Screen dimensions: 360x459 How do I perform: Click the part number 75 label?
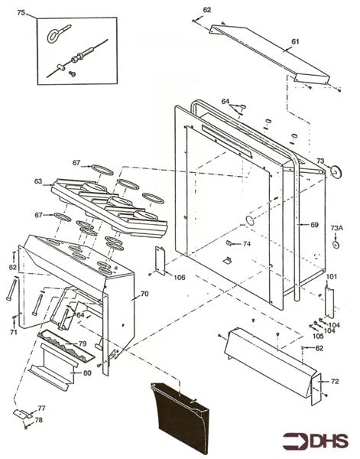[21, 12]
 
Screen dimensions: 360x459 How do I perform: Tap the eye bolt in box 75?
[59, 34]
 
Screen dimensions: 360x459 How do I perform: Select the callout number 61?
[295, 41]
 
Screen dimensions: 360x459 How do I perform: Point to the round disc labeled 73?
[336, 172]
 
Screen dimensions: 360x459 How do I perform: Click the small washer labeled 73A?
[336, 245]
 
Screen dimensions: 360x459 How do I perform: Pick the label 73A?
[336, 228]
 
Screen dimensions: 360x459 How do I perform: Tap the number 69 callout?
[314, 225]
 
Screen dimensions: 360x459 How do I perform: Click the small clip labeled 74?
[229, 243]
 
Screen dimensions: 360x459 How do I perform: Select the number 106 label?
[180, 277]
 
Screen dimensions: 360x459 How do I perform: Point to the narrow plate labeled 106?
[161, 261]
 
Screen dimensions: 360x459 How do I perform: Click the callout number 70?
[144, 294]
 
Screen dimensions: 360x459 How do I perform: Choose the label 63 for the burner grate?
[38, 181]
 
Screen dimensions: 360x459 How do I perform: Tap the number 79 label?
[83, 343]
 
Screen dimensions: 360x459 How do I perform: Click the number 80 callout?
[87, 373]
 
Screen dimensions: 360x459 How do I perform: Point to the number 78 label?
[39, 420]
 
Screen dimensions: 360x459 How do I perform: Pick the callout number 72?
[335, 382]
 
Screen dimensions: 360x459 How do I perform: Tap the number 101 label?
[332, 277]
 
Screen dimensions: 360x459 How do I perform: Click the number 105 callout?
[318, 336]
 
